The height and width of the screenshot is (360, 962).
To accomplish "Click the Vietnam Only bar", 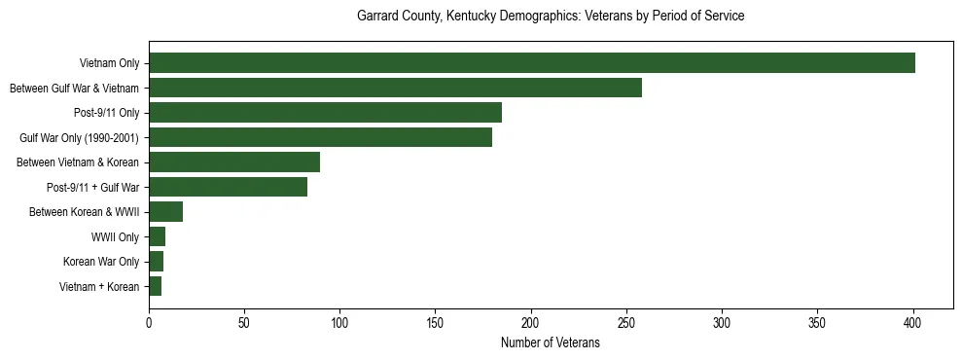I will [x=532, y=63].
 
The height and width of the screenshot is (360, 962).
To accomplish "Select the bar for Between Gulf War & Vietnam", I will [x=395, y=89].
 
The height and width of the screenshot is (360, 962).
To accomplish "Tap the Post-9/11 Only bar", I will [x=325, y=113].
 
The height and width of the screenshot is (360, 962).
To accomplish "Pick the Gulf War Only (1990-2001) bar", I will [x=320, y=137].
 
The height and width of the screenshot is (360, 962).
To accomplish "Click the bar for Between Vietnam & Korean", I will [x=234, y=162].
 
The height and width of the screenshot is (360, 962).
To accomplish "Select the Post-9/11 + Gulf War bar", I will [x=228, y=187].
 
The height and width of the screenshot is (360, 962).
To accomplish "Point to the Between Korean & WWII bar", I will [x=165, y=212].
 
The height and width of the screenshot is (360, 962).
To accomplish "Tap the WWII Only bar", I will [x=157, y=236].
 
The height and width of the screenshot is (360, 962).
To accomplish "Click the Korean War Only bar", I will [x=156, y=262].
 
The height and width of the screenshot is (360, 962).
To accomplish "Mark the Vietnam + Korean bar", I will [x=155, y=286].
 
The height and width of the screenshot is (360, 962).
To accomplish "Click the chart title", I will [x=551, y=17].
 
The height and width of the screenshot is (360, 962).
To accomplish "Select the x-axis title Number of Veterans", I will [x=551, y=343].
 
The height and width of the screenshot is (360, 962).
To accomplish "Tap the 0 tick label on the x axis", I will [x=149, y=322].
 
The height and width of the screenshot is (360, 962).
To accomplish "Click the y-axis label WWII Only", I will [x=115, y=236].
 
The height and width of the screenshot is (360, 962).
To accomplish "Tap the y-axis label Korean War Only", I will [x=101, y=262].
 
